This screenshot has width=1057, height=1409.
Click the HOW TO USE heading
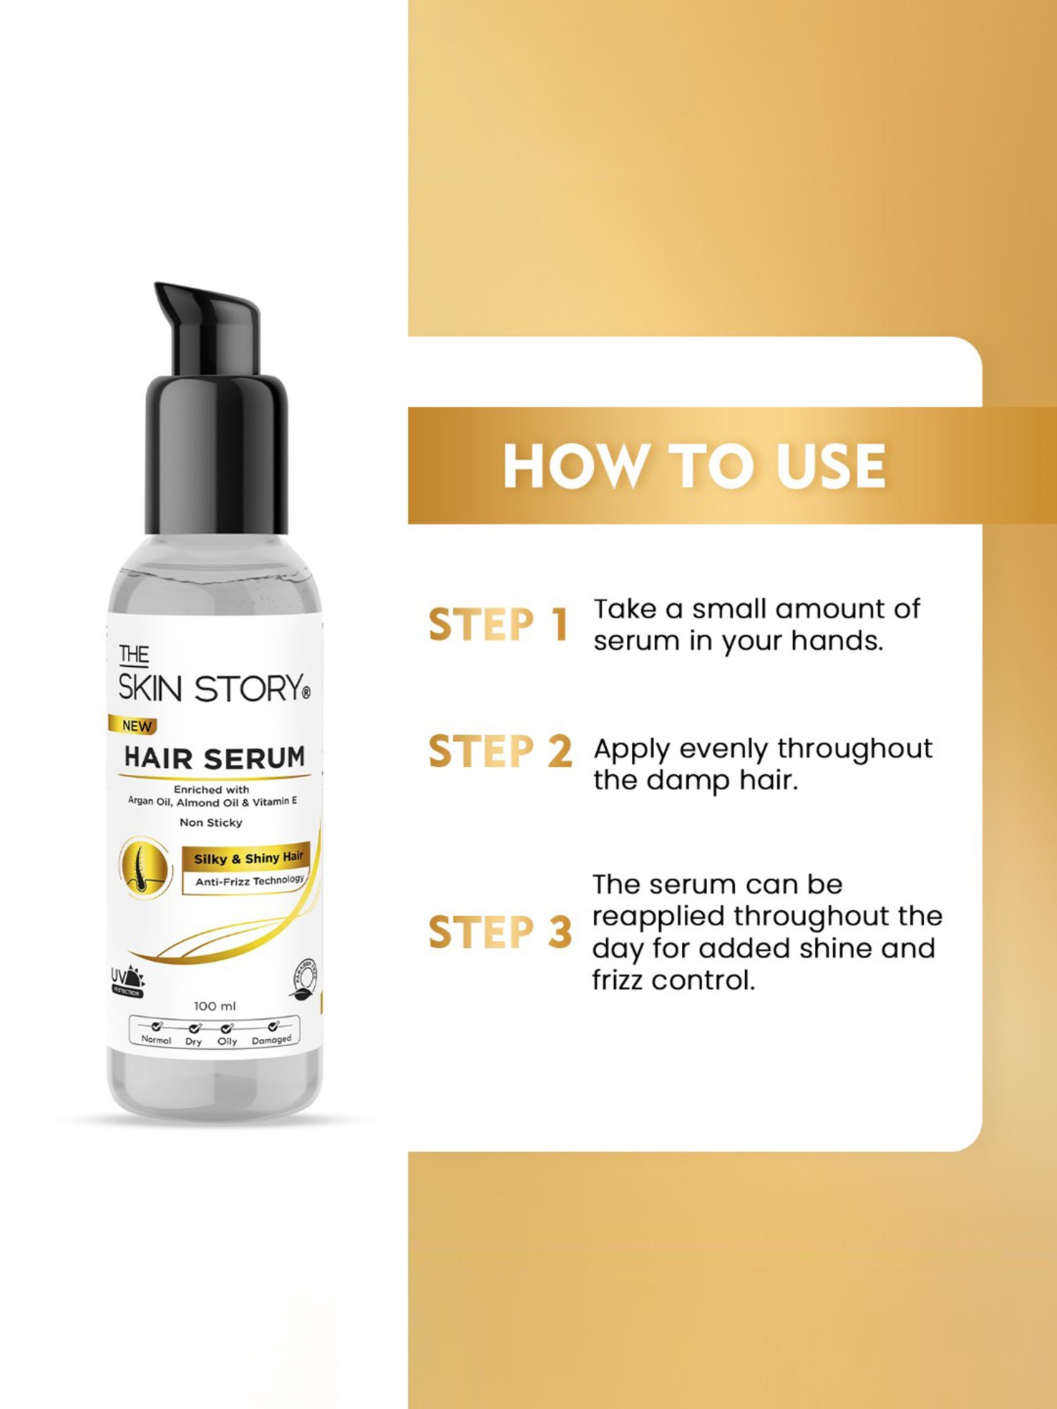[694, 466]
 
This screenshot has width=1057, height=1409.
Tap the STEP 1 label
[498, 624]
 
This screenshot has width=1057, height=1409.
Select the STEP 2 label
[500, 751]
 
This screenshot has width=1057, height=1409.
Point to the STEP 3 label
[500, 932]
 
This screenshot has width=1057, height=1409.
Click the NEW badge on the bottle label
[136, 726]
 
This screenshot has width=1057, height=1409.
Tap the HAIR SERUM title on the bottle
[215, 758]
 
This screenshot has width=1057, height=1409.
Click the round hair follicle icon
[144, 867]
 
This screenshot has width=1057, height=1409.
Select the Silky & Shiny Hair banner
[248, 858]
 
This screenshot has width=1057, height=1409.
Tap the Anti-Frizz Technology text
[249, 881]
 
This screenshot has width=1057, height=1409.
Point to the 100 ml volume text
[215, 1006]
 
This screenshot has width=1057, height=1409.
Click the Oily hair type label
[227, 1041]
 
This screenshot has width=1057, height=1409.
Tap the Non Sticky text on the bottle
[211, 822]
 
